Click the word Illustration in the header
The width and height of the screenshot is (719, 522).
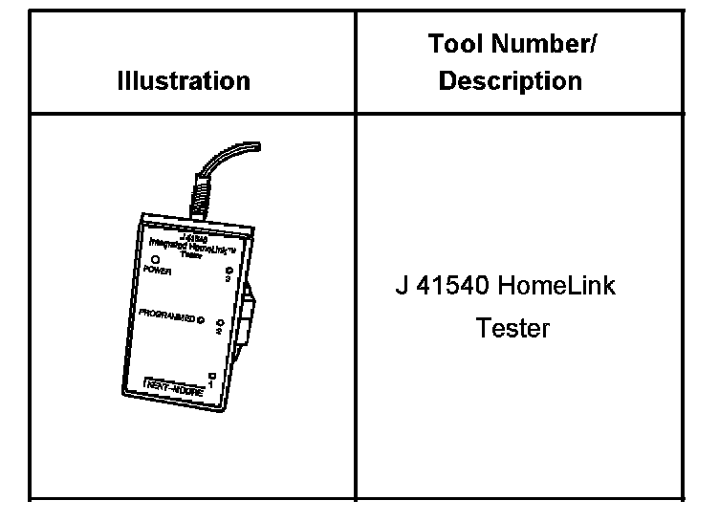[184, 80]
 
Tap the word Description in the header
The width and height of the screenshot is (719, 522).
[510, 80]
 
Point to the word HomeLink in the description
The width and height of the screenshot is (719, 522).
[558, 286]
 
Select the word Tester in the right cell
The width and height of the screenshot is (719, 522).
[513, 329]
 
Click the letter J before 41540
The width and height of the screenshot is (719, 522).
[402, 286]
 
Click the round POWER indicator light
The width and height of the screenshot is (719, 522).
[155, 259]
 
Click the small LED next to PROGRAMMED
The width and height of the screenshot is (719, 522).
[200, 318]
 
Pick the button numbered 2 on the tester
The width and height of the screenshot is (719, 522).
[219, 323]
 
